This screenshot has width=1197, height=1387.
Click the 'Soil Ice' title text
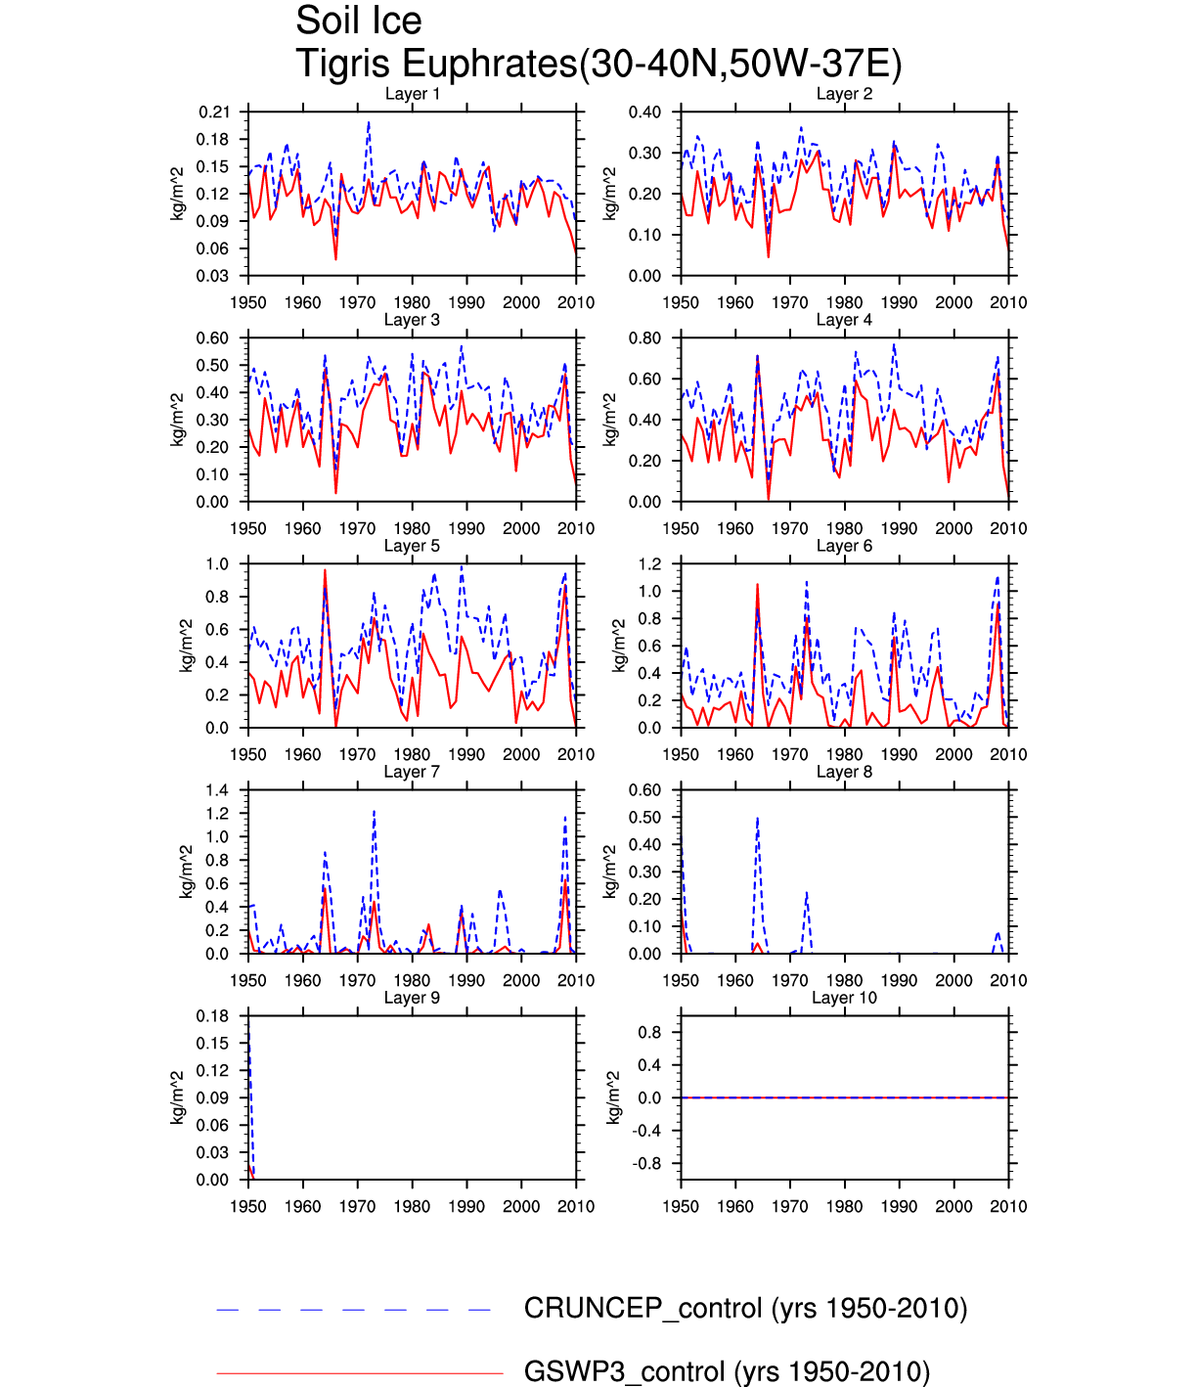click(359, 22)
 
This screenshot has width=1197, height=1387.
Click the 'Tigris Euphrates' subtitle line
click(598, 65)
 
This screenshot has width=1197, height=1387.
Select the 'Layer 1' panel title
click(412, 94)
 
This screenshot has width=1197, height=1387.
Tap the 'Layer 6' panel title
click(844, 546)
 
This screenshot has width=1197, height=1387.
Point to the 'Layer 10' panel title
click(844, 998)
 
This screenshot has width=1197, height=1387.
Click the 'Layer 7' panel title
click(412, 772)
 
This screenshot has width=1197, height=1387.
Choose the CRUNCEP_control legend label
click(745, 1309)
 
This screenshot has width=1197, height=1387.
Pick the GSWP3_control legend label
click(727, 1371)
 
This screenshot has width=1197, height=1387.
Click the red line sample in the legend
click(359, 1373)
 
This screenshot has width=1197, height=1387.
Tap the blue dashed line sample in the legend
click(354, 1310)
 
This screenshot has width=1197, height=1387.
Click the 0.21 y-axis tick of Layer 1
click(214, 112)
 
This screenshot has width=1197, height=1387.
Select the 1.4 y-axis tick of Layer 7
click(217, 790)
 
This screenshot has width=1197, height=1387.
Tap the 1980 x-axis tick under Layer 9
click(412, 1206)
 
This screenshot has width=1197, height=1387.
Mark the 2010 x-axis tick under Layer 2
click(1008, 302)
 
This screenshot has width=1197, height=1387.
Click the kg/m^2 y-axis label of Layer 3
click(178, 420)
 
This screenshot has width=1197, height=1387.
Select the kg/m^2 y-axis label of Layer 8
click(610, 872)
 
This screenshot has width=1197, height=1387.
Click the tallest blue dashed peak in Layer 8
click(757, 819)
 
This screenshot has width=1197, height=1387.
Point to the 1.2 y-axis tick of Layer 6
click(649, 564)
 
